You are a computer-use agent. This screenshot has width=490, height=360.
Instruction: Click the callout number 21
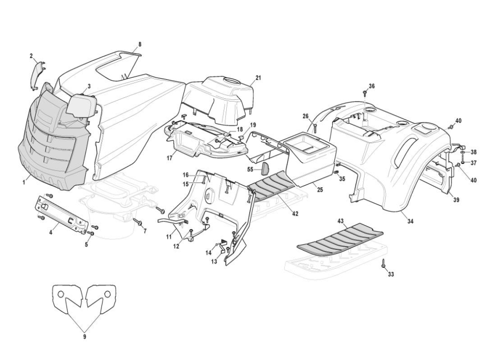[258, 78]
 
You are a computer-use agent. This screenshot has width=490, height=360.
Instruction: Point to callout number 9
[85, 337]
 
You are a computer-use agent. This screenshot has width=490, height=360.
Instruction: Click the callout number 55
[250, 169]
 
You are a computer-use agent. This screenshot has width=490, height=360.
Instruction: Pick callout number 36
[372, 86]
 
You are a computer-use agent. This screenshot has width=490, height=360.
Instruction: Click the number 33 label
[391, 275]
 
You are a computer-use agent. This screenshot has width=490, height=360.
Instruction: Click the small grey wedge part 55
[266, 168]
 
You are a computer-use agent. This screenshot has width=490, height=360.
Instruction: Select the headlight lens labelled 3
[81, 105]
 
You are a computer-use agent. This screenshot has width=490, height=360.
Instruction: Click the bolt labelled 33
[383, 264]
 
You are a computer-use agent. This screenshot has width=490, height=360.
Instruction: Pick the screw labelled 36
[365, 94]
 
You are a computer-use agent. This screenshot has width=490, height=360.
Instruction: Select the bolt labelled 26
[315, 128]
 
